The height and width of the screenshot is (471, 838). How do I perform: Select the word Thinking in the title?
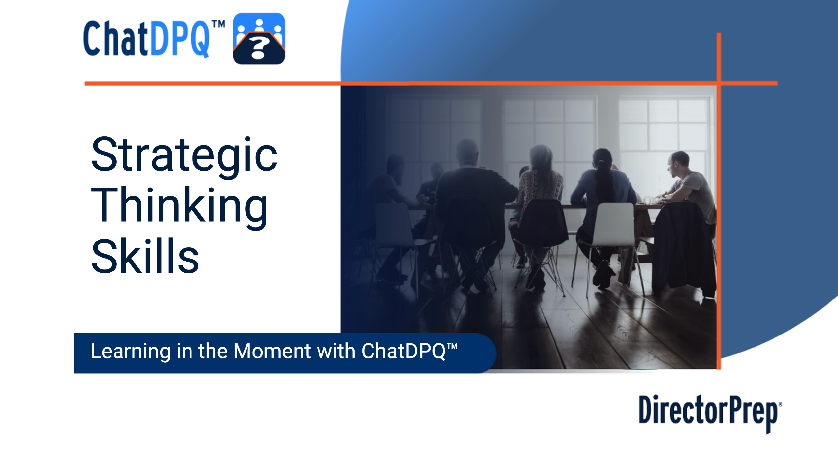[x=179, y=207]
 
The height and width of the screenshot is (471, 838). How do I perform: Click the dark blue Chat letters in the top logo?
[x=115, y=39]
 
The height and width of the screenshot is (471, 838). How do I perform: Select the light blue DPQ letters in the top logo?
[x=179, y=39]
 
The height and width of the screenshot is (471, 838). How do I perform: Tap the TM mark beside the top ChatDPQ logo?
[x=218, y=24]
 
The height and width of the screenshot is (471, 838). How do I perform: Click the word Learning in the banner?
[x=131, y=352]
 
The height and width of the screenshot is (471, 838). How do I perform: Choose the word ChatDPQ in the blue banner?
[x=403, y=351]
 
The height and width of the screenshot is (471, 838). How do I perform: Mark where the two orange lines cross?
[x=719, y=83]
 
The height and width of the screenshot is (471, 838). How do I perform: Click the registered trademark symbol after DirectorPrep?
[x=780, y=404]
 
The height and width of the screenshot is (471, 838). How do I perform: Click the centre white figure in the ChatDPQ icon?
[x=259, y=26]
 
